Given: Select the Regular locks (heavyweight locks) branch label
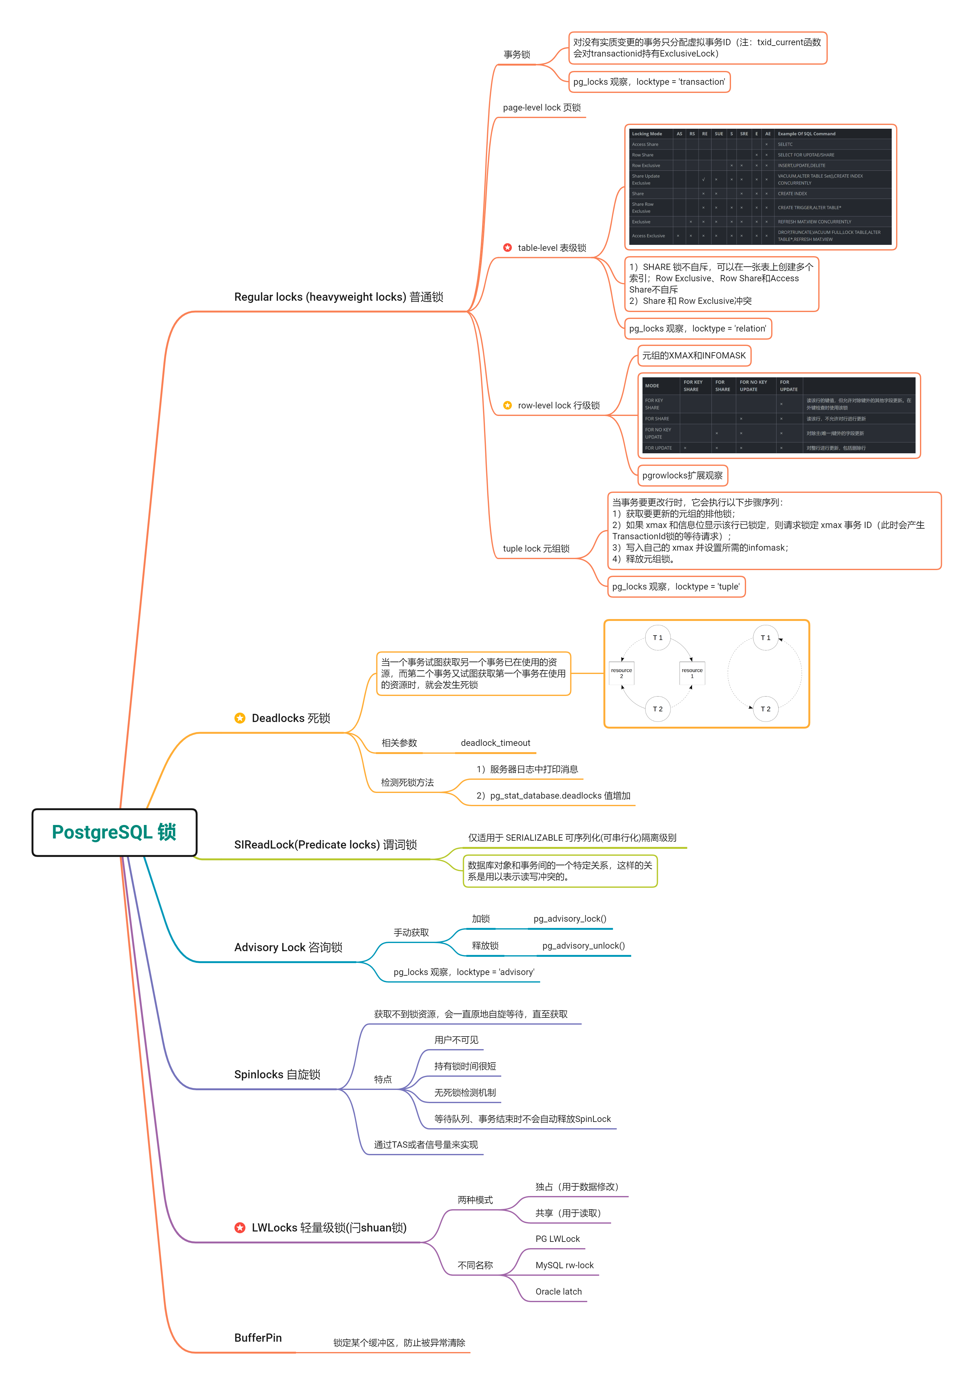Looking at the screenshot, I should point(338,297).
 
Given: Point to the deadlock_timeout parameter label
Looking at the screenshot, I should point(495,743).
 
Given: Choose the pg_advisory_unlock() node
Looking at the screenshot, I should point(583,946).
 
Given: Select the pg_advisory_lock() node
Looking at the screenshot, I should point(569,919).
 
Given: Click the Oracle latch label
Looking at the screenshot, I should point(558,1291).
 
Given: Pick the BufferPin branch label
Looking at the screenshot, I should point(258,1338).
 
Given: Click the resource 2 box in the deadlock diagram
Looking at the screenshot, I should point(621,673).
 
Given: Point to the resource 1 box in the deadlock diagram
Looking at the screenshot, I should point(692,673).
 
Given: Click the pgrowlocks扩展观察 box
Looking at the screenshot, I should point(682,475).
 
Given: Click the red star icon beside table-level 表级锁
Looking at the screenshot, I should point(507,248).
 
